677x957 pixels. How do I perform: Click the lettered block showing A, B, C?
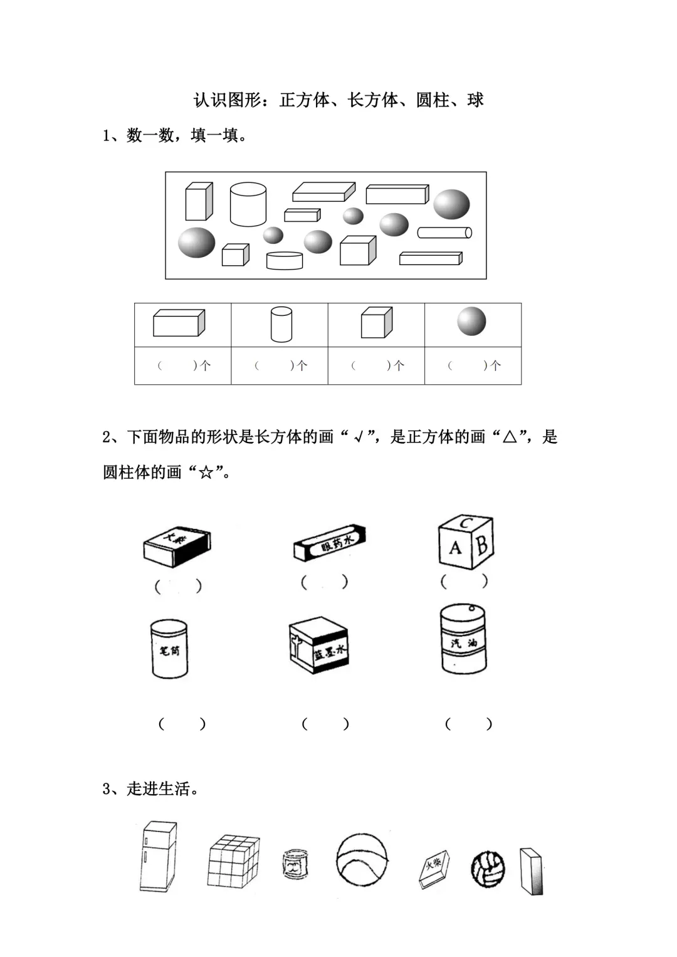click(x=465, y=542)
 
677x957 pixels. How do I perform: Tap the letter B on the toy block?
click(x=481, y=545)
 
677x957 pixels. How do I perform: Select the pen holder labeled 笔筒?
click(x=169, y=649)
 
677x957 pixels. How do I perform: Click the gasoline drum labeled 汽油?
click(x=464, y=639)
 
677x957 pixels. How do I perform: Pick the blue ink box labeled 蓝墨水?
click(x=318, y=646)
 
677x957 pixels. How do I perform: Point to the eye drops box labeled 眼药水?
click(x=330, y=543)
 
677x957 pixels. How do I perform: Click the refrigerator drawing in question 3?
click(x=158, y=857)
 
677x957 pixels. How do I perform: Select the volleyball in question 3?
click(x=488, y=869)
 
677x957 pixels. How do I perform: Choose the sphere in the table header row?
click(x=471, y=322)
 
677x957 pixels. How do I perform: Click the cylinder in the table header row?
click(x=281, y=324)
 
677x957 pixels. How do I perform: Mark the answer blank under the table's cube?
click(x=376, y=365)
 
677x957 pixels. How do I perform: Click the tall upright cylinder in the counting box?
click(x=248, y=204)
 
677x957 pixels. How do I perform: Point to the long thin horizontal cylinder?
click(x=444, y=233)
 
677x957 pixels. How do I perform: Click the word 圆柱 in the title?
click(x=433, y=100)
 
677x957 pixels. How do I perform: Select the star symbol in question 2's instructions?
click(x=206, y=473)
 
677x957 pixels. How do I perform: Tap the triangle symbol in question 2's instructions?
click(x=509, y=437)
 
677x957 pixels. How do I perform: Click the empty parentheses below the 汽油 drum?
click(x=468, y=724)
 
